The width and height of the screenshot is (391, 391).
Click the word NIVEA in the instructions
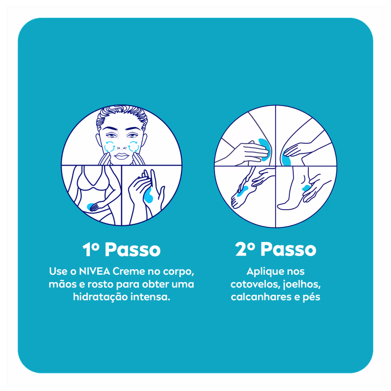point(94,271)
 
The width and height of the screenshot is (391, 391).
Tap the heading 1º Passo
point(121,249)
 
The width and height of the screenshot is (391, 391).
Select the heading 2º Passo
point(276,249)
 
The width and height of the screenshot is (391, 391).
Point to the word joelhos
point(301,285)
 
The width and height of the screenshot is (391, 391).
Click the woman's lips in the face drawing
point(121,156)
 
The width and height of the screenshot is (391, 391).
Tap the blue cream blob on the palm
point(150,195)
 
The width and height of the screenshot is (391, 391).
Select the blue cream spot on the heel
point(306,188)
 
